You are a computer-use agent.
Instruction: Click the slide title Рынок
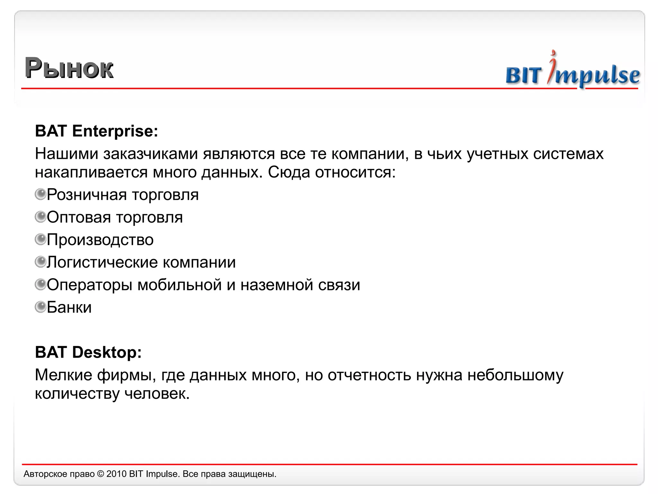pos(69,68)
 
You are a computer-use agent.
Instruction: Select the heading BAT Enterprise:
pos(96,131)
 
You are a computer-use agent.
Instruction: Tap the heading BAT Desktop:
pos(88,352)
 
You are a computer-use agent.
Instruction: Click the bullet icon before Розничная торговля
pos(40,194)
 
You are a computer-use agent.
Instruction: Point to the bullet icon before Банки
pos(40,307)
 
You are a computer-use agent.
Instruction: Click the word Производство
pos(100,240)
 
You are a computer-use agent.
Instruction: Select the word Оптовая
pos(79,217)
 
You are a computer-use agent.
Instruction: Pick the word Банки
pos(69,307)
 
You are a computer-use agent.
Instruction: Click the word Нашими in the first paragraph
pos(67,154)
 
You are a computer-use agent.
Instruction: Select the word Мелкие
pos(63,375)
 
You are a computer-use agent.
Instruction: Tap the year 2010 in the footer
pos(116,474)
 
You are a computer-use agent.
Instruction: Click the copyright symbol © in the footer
pos(101,474)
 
